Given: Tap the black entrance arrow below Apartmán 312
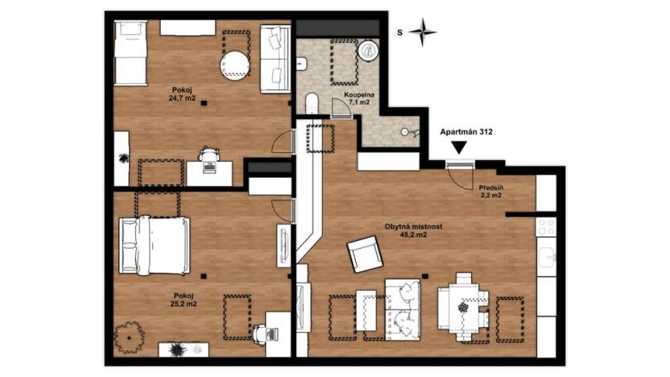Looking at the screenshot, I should [x=459, y=147].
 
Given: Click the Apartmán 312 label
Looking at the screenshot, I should [x=465, y=131].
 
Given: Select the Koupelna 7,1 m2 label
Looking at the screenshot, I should [x=357, y=98].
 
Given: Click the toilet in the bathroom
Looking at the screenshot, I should [x=312, y=103].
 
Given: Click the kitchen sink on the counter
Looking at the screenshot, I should [x=548, y=259].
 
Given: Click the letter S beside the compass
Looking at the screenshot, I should [x=399, y=33].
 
